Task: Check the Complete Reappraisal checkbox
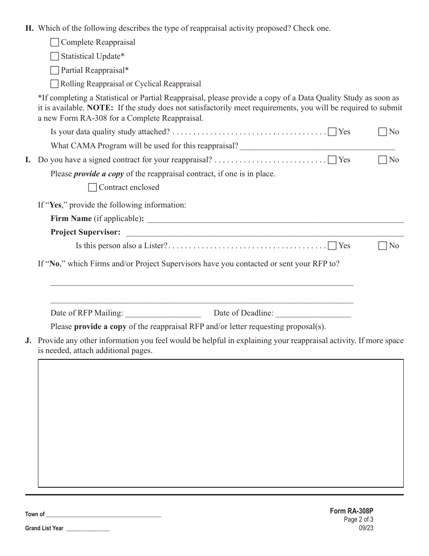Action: click(55, 42)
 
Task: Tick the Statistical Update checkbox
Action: click(55, 57)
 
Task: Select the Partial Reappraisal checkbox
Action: click(55, 70)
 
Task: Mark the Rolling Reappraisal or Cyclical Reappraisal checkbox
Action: click(55, 84)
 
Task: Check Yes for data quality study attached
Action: click(332, 132)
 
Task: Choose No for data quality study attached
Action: click(382, 132)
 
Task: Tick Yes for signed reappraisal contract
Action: click(332, 160)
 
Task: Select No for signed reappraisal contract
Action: click(382, 160)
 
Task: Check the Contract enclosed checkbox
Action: click(93, 187)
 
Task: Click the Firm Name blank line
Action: click(275, 219)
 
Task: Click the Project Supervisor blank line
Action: click(264, 233)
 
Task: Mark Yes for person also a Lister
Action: click(332, 246)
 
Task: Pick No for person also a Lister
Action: click(382, 246)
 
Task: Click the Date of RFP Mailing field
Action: click(163, 313)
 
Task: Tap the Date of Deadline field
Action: click(313, 313)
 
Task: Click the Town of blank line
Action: click(103, 514)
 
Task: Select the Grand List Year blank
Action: click(88, 528)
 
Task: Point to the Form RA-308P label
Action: click(351, 511)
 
